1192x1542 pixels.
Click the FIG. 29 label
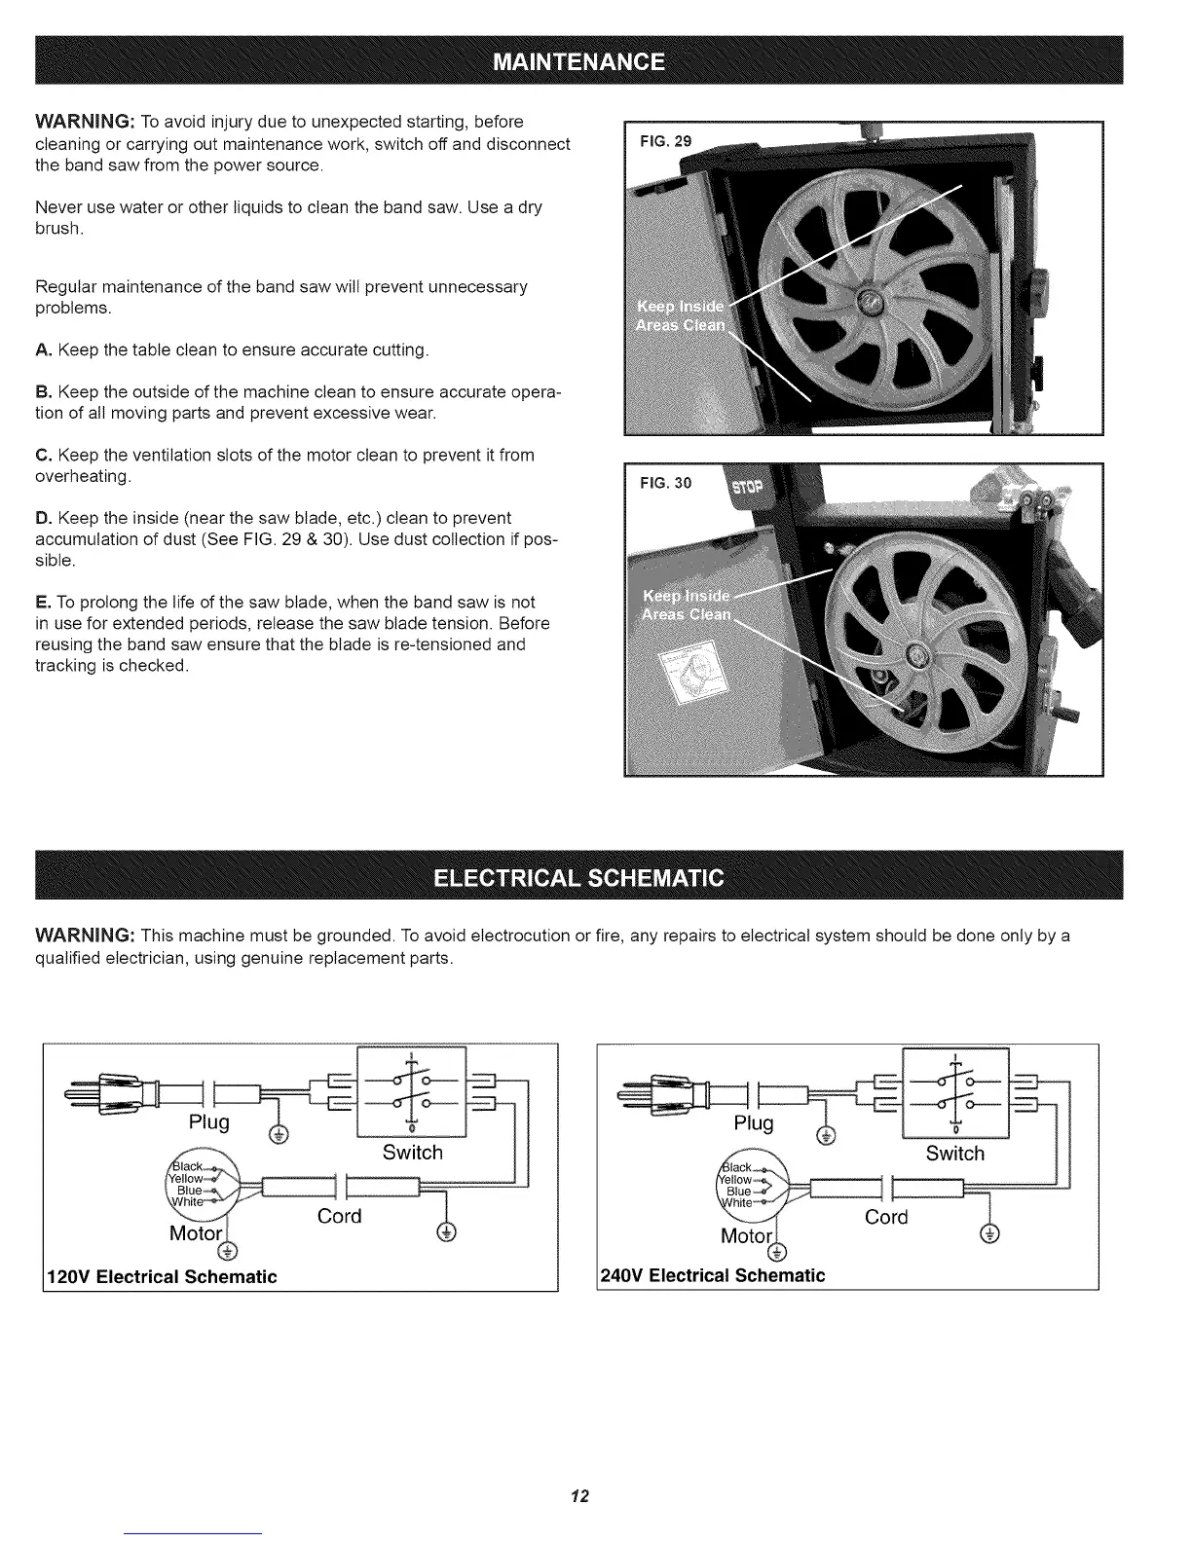(x=665, y=141)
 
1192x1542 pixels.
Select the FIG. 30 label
(x=665, y=483)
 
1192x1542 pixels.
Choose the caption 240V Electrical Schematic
(x=713, y=1275)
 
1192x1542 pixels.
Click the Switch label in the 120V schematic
(x=412, y=1153)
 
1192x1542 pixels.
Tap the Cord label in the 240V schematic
(x=885, y=1217)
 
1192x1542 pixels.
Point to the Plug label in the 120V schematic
(x=209, y=1121)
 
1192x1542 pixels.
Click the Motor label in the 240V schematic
(x=745, y=1236)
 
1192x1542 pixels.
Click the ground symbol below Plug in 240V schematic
(x=826, y=1135)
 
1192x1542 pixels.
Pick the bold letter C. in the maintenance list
(x=43, y=456)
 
